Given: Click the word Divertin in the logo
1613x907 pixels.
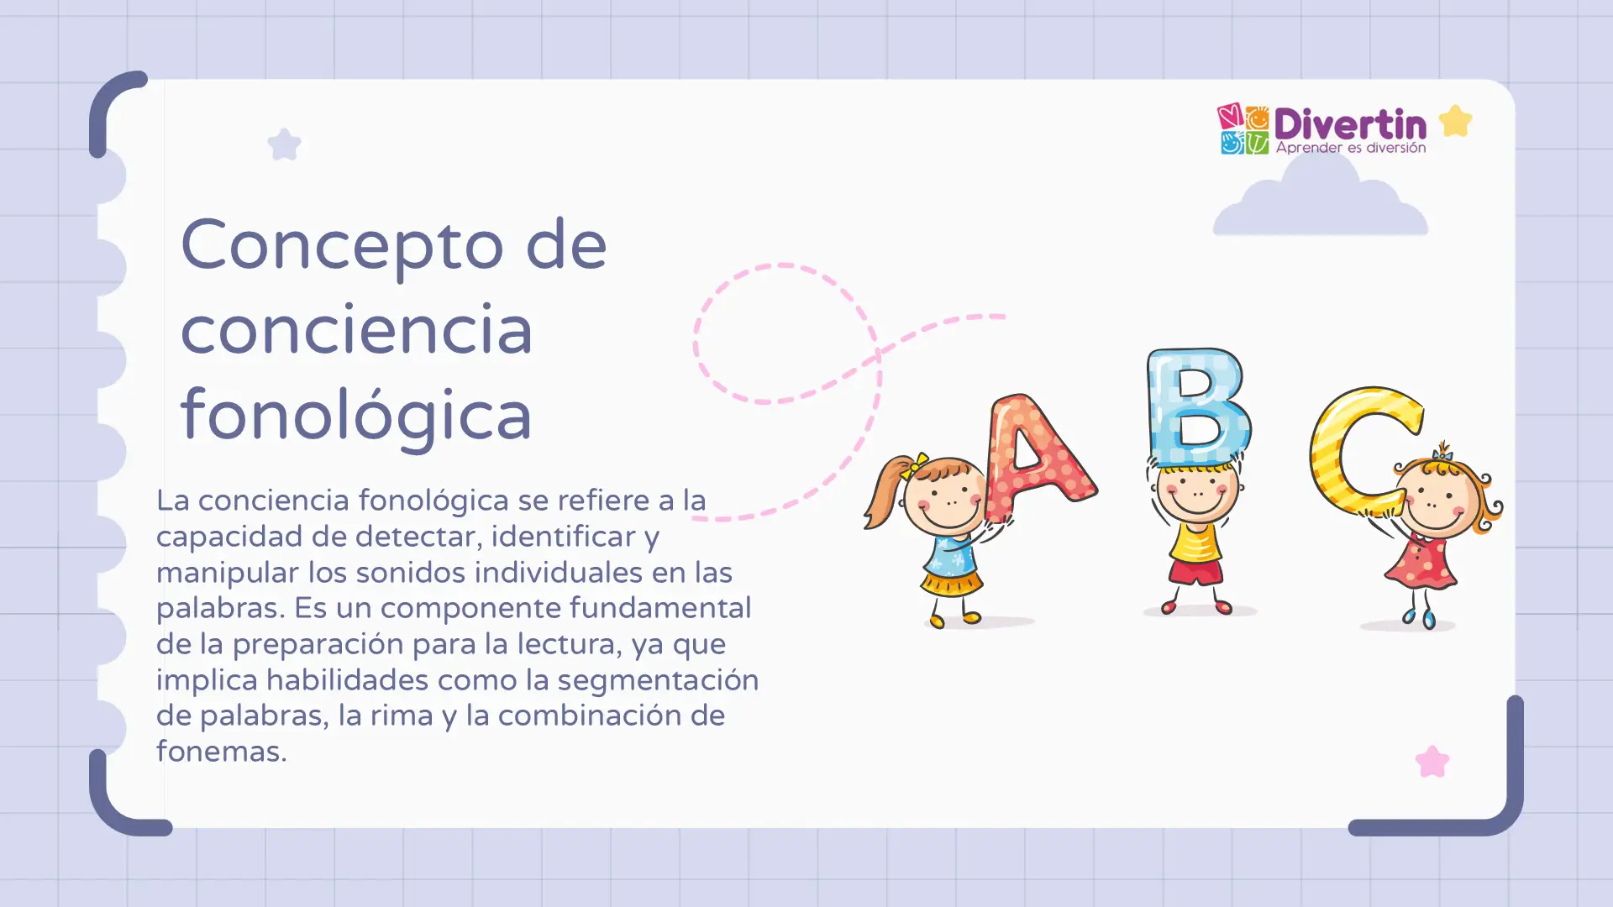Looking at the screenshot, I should point(1349,124).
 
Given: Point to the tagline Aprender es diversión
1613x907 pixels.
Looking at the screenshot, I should point(1350,148).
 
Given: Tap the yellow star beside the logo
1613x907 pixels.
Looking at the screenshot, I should point(1455,121).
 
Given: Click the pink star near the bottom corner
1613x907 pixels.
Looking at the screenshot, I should point(1432,762).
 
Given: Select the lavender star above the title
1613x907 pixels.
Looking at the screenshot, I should point(284,144).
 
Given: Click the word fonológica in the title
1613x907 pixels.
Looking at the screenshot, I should point(356,415).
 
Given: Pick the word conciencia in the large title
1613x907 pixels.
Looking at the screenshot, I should point(356,330).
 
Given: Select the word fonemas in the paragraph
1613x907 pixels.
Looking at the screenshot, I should point(221,752).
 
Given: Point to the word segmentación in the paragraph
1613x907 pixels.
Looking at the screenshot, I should point(658,679).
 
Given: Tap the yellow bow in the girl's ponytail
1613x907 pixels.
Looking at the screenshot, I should point(915,464).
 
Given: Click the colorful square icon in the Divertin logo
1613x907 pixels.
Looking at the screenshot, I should point(1243,129).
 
